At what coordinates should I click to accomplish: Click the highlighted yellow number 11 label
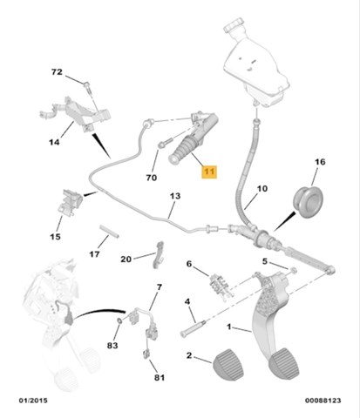209,172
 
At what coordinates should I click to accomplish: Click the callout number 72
58,71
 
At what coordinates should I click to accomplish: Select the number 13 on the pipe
174,197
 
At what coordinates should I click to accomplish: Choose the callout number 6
187,264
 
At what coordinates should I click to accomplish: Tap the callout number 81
159,377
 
